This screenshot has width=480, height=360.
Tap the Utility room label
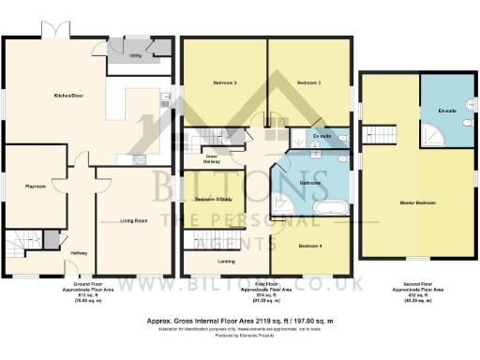tap(135, 56)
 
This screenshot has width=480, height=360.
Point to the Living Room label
tap(134, 221)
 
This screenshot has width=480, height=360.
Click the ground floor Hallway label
tap(79, 253)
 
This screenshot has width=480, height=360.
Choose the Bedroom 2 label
tap(221, 83)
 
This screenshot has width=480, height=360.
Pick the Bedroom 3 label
tap(309, 83)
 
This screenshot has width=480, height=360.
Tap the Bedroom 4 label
tap(310, 245)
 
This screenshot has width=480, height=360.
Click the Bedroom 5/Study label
tap(213, 201)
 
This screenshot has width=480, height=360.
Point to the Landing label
tap(225, 261)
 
